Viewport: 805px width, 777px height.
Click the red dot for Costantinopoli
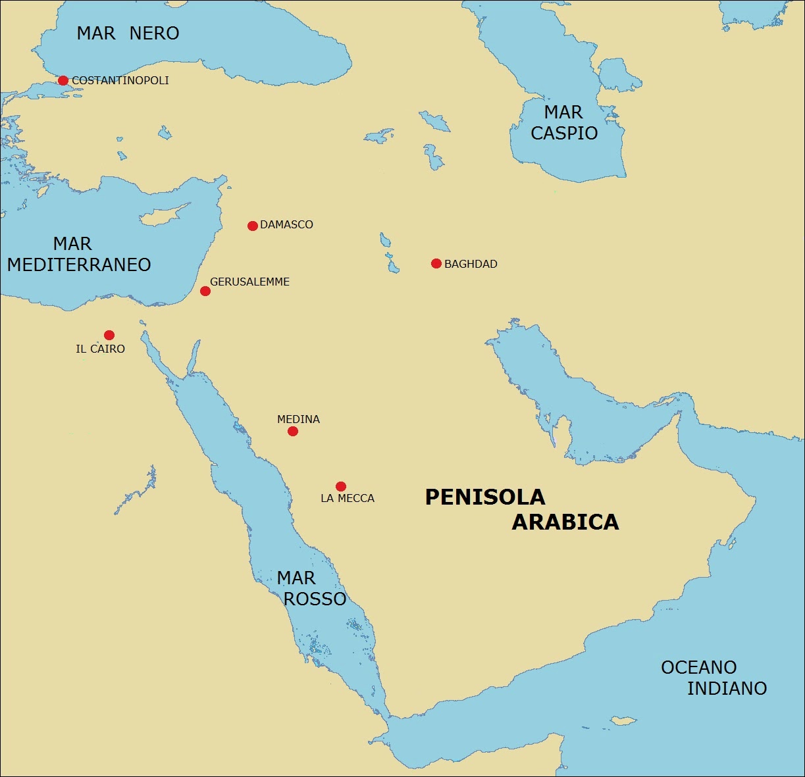point(63,81)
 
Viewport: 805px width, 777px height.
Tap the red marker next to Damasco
point(252,226)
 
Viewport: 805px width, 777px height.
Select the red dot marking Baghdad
point(436,264)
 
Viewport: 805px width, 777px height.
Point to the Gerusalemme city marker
point(205,291)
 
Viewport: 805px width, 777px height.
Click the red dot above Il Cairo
point(109,335)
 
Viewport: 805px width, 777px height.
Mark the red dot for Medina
point(293,432)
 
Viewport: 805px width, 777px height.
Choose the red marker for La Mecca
point(340,487)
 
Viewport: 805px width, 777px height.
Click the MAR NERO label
point(128,34)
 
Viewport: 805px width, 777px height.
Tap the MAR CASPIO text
point(564,122)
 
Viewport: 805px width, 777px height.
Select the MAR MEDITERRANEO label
point(79,254)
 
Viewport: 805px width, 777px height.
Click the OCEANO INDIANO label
point(714,678)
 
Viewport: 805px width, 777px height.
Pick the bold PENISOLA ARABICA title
point(521,509)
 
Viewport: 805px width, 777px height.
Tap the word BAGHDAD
point(471,264)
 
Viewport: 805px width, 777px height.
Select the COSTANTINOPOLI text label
point(120,81)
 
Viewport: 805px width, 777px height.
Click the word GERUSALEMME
point(249,282)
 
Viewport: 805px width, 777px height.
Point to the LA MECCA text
point(348,499)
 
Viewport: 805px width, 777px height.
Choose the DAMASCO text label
point(286,225)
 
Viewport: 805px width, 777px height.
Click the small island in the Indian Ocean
point(622,720)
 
